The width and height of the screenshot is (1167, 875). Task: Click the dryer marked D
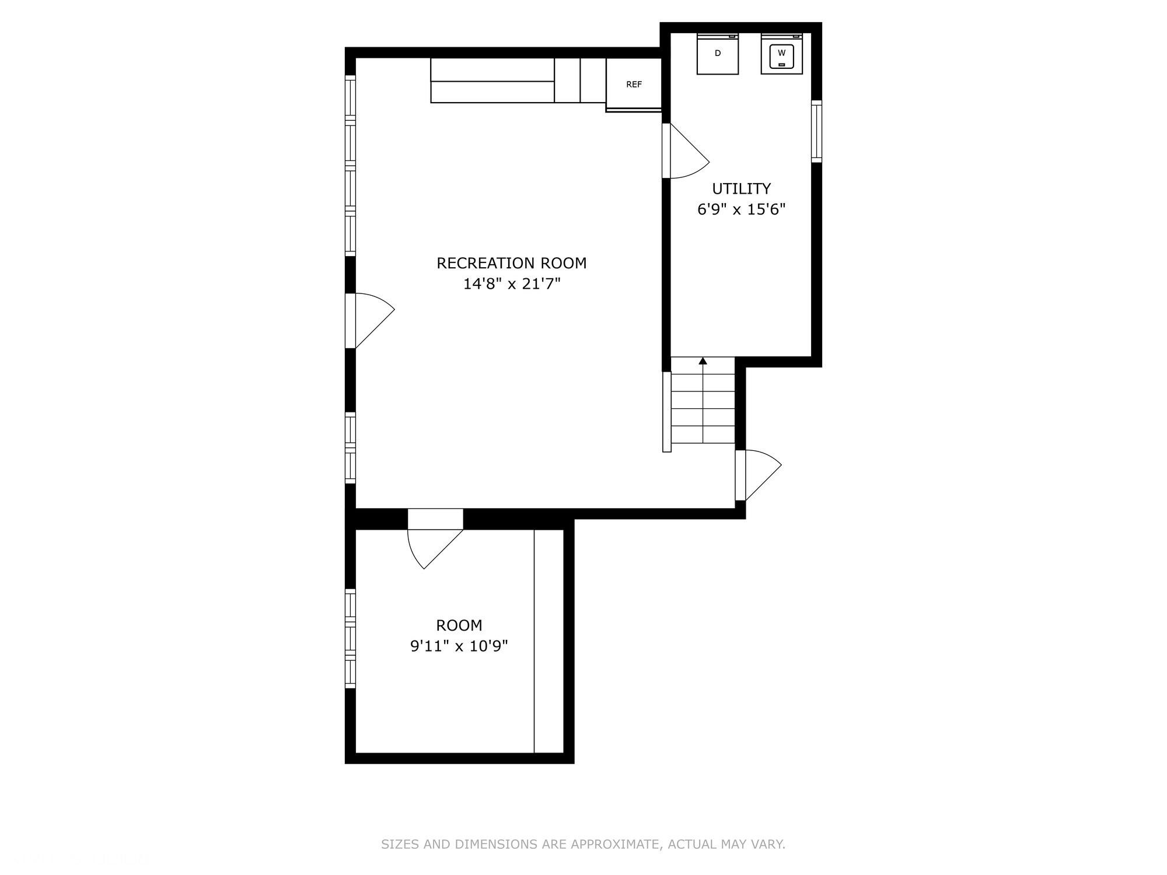pos(718,54)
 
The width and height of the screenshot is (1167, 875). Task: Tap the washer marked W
pos(782,54)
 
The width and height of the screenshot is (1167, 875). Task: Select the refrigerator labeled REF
pos(634,84)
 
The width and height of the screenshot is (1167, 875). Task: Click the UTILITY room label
pos(741,188)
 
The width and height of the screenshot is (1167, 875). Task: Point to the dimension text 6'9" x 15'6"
pos(741,209)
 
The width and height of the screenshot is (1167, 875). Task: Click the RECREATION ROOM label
pos(511,263)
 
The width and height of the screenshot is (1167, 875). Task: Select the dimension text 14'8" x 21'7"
pos(511,284)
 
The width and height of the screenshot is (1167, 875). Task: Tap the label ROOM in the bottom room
pos(459,625)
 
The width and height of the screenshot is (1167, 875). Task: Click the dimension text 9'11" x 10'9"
pos(459,646)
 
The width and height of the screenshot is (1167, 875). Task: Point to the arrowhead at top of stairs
pos(703,361)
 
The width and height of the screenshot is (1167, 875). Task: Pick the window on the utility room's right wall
pos(817,131)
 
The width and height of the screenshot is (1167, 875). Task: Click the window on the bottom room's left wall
pos(350,638)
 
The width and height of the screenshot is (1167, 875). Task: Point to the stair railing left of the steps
pos(667,411)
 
